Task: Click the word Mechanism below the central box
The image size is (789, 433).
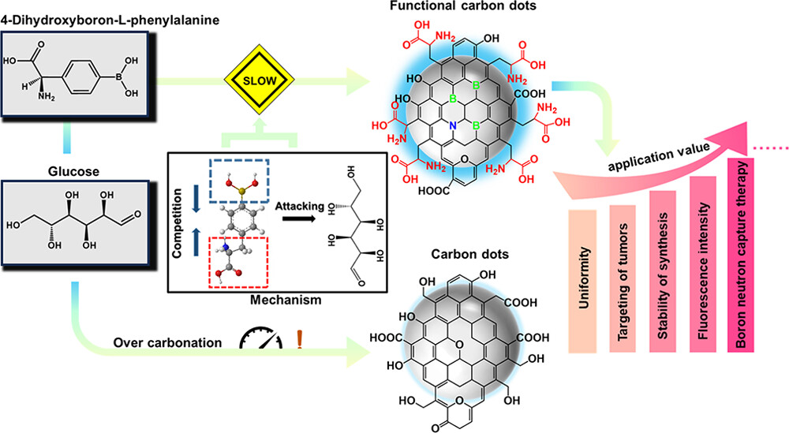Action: pos(250,299)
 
